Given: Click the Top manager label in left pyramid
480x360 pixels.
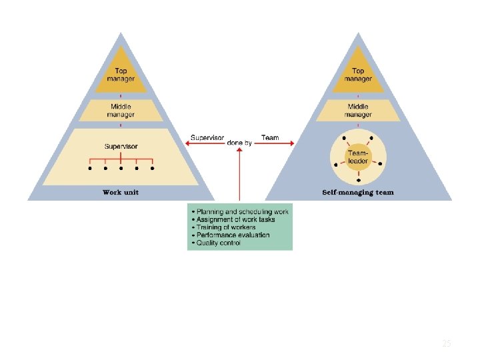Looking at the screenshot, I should pos(120,75).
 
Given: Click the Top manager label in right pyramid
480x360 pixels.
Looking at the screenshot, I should pos(358,75).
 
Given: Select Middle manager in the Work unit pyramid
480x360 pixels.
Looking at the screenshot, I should pos(120,110).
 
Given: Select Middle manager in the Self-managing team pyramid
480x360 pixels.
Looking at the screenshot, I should pos(358,110).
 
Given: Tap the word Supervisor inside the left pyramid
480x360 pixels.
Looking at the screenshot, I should pos(121,146).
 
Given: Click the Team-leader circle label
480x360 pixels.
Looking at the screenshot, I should pos(358,156).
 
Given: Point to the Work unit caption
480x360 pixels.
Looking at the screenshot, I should pos(121,193).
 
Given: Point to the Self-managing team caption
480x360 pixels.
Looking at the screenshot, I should pos(358,193).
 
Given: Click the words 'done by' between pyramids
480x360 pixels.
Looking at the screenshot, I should pos(239,143).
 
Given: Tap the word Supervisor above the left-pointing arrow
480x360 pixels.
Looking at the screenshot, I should pos(207,138).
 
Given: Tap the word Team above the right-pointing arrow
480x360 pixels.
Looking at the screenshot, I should pos(270,138).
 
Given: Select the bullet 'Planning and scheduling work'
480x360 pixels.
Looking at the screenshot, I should pos(241,212).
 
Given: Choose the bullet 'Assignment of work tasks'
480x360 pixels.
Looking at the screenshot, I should pos(234,219).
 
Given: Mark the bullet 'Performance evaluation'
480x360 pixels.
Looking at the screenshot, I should pos(231,235).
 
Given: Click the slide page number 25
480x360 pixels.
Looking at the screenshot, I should pos(447,344).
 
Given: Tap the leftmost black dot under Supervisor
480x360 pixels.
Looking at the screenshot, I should pos(89,169).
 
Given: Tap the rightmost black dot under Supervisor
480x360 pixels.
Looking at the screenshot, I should pos(153,169).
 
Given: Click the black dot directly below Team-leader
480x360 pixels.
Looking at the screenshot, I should pos(359,181).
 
